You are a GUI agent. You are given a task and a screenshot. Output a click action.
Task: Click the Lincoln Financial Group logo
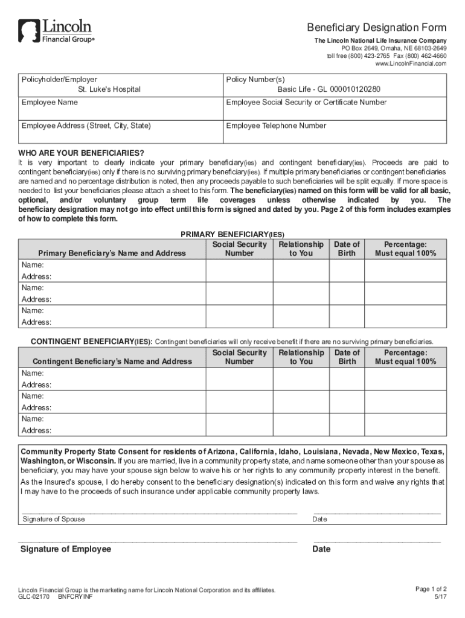tap(56, 31)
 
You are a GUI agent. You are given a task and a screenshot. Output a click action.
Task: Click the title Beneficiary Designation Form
tap(377, 28)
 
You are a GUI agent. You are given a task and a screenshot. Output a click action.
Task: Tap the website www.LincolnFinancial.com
tap(411, 63)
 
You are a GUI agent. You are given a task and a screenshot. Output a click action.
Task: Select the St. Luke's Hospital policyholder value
tap(109, 89)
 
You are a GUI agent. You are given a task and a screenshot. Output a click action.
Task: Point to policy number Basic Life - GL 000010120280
tap(329, 89)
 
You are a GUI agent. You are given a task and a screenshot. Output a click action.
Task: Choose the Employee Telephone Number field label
tap(276, 126)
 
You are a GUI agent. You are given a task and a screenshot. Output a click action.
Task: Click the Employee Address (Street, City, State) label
tap(86, 126)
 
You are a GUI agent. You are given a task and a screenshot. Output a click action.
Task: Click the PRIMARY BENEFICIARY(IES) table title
tap(232, 234)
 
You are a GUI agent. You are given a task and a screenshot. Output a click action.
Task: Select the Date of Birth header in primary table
tap(347, 249)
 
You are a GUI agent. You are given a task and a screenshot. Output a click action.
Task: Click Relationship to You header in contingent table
tap(301, 357)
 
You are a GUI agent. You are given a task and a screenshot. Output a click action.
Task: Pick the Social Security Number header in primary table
tap(239, 249)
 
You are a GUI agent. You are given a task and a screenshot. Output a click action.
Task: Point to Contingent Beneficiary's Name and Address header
tap(112, 362)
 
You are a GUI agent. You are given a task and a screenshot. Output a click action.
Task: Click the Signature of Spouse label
tap(54, 519)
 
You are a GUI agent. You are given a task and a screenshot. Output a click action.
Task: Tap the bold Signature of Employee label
tap(66, 549)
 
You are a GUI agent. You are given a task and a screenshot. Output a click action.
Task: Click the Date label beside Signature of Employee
tap(321, 549)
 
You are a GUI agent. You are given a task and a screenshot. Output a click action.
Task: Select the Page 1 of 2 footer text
tap(431, 589)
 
